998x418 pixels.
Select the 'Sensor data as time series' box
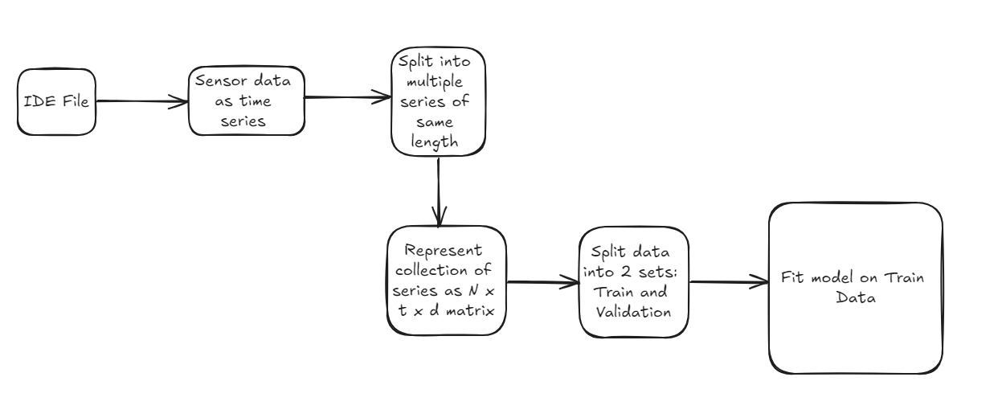coord(247,101)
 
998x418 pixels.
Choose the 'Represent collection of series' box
coord(446,281)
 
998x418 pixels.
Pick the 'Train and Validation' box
coord(634,281)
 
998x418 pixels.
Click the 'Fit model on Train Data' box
coord(855,288)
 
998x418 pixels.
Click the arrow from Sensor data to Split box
coord(347,99)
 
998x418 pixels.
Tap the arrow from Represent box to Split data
coord(542,282)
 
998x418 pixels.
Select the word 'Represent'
coord(446,250)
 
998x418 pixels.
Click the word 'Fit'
coord(792,279)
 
